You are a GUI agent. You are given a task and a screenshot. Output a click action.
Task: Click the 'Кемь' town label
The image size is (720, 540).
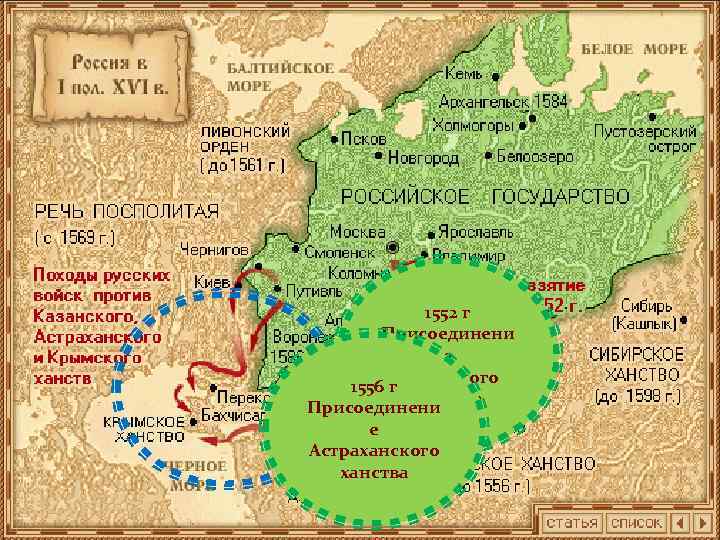pyautogui.click(x=464, y=75)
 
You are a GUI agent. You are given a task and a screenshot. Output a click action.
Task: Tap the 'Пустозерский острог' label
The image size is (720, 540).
pyautogui.click(x=647, y=139)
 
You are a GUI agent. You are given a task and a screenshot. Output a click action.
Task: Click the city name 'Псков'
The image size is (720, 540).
pyautogui.click(x=364, y=139)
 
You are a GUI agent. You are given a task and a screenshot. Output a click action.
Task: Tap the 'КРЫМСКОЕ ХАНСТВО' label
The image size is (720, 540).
pyautogui.click(x=146, y=429)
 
